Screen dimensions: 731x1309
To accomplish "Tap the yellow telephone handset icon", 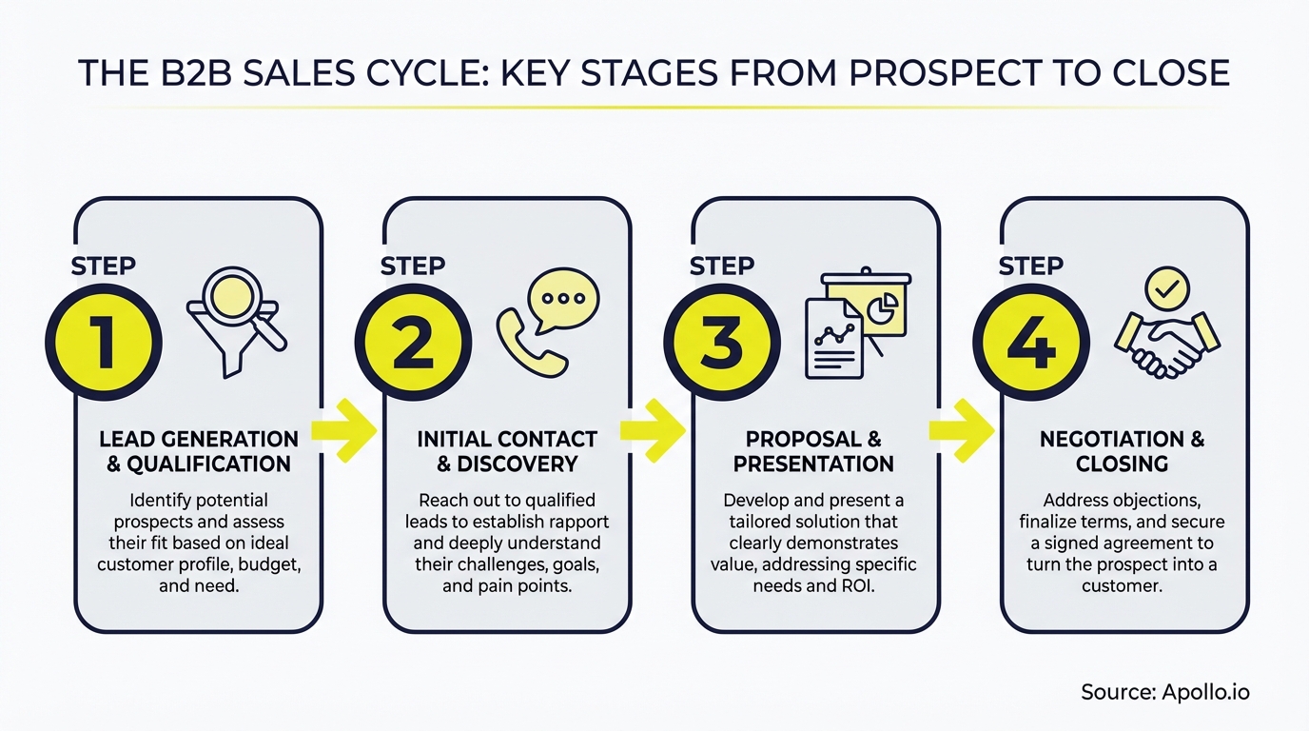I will (x=529, y=341).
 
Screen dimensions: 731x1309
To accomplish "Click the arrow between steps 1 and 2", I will (x=344, y=430).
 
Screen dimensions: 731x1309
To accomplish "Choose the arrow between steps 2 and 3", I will (x=653, y=430).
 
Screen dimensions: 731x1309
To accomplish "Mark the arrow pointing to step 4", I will (x=961, y=430).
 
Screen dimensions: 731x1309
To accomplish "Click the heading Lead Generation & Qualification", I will (x=198, y=451).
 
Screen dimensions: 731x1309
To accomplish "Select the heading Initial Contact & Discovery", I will (x=507, y=451).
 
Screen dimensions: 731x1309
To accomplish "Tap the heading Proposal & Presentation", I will (x=814, y=451).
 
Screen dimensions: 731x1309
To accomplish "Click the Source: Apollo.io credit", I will (x=1164, y=692).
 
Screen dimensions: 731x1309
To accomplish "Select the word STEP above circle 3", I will (x=721, y=267).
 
